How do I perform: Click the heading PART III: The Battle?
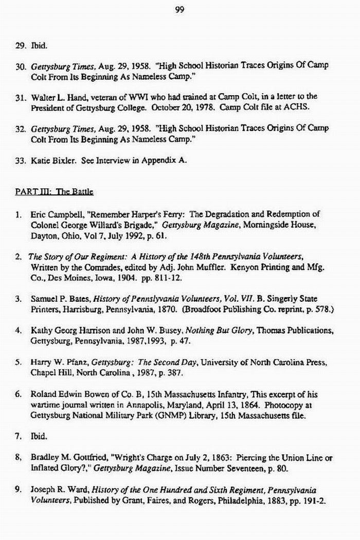click(x=54, y=192)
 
